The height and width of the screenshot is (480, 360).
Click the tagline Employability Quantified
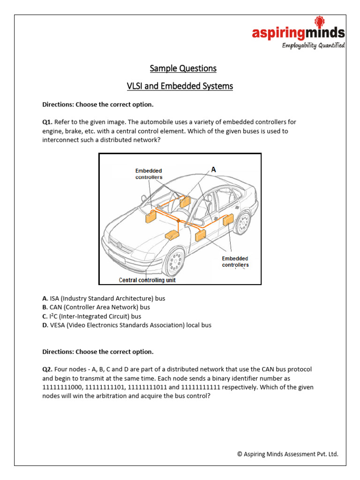[x=313, y=45]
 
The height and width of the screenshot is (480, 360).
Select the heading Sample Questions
[x=183, y=68]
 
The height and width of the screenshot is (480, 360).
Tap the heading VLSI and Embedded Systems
[x=180, y=86]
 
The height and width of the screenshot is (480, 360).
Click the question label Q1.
[x=47, y=122]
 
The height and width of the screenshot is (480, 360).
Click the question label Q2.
[x=47, y=369]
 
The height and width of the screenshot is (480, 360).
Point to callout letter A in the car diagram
[x=213, y=170]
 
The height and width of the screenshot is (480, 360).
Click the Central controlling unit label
[x=147, y=280]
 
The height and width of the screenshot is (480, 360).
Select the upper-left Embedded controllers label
[x=149, y=174]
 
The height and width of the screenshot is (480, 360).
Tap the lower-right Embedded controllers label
[x=235, y=262]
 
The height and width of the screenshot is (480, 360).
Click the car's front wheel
[x=175, y=260]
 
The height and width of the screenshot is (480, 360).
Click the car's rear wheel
[x=242, y=222]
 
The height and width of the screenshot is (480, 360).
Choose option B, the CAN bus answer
[x=96, y=307]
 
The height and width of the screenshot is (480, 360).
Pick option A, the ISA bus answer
[x=104, y=299]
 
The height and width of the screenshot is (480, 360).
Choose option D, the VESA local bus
[x=127, y=325]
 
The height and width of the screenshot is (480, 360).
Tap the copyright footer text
[x=287, y=454]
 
